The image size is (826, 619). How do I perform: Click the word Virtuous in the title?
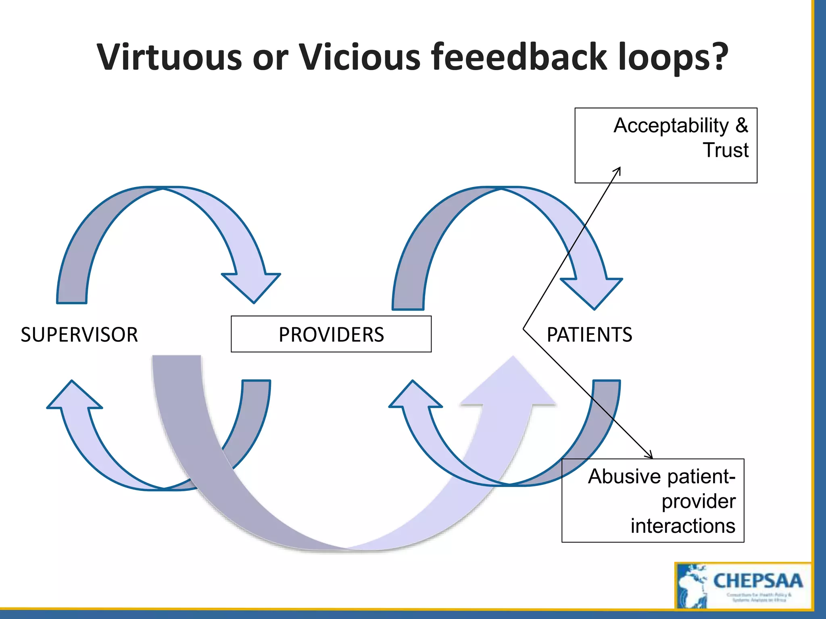tap(169, 57)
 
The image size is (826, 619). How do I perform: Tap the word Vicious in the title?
tap(359, 57)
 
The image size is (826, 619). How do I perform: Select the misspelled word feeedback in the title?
tap(519, 57)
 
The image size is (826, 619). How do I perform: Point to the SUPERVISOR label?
tap(79, 334)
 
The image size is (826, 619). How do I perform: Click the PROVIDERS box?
tap(331, 334)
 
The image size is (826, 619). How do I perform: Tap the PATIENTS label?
tap(589, 334)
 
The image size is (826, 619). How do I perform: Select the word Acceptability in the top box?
tap(671, 126)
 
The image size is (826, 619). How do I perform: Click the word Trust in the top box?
tap(726, 150)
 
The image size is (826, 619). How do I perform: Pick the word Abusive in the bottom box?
tap(626, 476)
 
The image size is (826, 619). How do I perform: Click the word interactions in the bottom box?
tap(683, 526)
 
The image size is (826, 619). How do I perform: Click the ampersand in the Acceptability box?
tap(741, 126)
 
